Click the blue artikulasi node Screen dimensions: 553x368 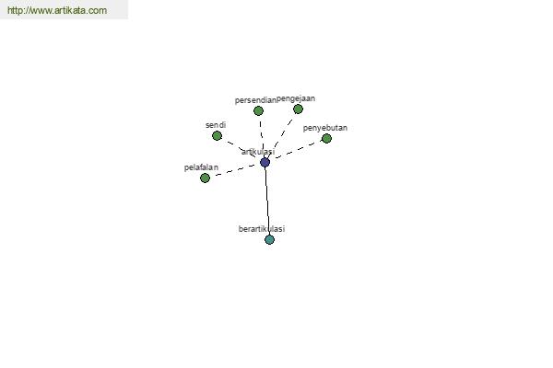pyautogui.click(x=265, y=162)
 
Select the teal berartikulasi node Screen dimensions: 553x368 pyautogui.click(x=269, y=239)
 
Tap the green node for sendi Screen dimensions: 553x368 pyautogui.click(x=217, y=135)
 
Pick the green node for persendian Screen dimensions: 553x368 pyautogui.click(x=258, y=111)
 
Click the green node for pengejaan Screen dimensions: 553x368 pyautogui.click(x=298, y=109)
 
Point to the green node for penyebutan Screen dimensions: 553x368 pyautogui.click(x=326, y=138)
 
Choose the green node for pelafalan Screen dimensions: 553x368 pyautogui.click(x=205, y=178)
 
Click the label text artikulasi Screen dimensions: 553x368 pyautogui.click(x=258, y=152)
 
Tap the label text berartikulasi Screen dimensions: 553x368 pyautogui.click(x=262, y=229)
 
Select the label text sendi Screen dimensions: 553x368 pyautogui.click(x=216, y=125)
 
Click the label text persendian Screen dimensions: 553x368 pyautogui.click(x=255, y=100)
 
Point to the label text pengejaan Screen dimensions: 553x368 pyautogui.click(x=296, y=99)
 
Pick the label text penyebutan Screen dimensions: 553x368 pyautogui.click(x=325, y=128)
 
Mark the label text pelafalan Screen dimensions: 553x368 pyautogui.click(x=201, y=167)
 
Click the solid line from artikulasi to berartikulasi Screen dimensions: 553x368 pyautogui.click(x=267, y=201)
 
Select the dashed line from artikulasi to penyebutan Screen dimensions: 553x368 pyautogui.click(x=296, y=150)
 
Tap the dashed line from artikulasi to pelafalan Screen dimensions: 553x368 pyautogui.click(x=235, y=170)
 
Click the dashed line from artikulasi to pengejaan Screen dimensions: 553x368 pyautogui.click(x=281, y=135)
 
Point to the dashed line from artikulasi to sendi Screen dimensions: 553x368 pyautogui.click(x=241, y=149)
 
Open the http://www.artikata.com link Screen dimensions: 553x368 pyautogui.click(x=57, y=10)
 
